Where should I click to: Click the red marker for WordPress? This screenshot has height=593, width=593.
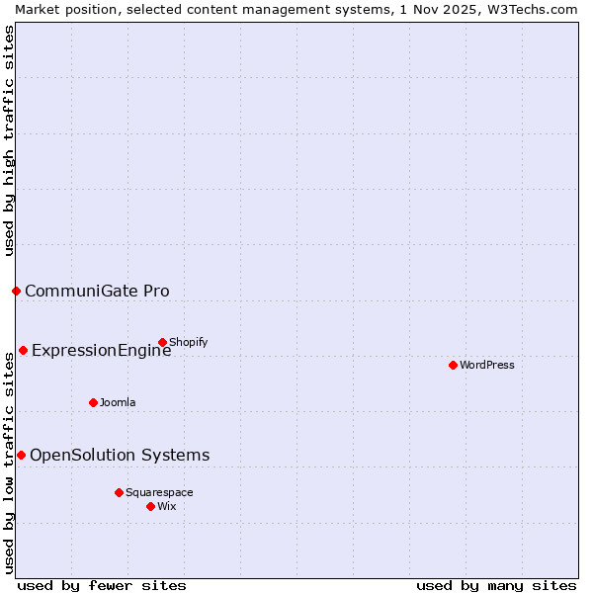[453, 365]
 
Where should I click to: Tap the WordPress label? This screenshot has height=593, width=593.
[487, 365]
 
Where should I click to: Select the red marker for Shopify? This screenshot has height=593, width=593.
[162, 343]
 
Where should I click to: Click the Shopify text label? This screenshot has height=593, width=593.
[188, 343]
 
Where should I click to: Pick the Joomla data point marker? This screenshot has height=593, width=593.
[93, 402]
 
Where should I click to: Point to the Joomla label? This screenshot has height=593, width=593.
[118, 402]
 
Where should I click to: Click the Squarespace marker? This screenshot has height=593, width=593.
[119, 492]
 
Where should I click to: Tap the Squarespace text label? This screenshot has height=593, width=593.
[159, 492]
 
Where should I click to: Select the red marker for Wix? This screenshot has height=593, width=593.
[150, 506]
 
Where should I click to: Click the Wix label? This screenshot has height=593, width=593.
[167, 506]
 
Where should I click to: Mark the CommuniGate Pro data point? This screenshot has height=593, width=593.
[16, 291]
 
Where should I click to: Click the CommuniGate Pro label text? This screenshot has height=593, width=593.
[97, 291]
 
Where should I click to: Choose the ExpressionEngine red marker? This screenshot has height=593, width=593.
[23, 350]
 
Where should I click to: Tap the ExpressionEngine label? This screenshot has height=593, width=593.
[101, 350]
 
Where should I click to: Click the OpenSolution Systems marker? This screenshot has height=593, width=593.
[21, 455]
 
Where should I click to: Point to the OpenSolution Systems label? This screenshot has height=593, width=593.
[120, 455]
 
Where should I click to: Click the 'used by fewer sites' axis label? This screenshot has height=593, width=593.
[102, 585]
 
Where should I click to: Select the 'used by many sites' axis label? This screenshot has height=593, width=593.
[496, 585]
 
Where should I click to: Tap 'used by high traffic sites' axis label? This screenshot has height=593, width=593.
[9, 140]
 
